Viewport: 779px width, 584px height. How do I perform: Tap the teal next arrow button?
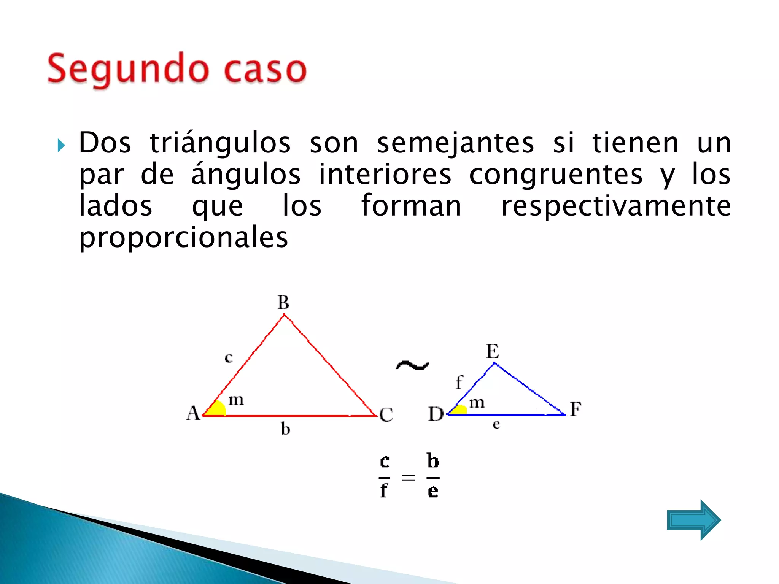[x=693, y=520]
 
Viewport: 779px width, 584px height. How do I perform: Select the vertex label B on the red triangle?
[x=283, y=303]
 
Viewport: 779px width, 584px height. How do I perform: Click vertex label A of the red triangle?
[x=193, y=413]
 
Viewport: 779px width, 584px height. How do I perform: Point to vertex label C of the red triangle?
[x=386, y=414]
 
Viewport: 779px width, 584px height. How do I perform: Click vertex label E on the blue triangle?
[x=493, y=351]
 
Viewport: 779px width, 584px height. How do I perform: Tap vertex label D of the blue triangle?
[x=436, y=414]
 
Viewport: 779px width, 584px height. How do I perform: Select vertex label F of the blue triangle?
[x=576, y=409]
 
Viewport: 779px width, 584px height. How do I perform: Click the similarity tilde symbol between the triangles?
[x=412, y=365]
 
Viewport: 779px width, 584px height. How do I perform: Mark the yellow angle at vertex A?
[x=217, y=408]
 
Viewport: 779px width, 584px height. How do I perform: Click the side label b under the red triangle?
[x=285, y=429]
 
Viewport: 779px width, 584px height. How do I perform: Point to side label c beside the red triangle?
[x=228, y=357]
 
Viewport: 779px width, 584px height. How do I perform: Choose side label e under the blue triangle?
[x=496, y=424]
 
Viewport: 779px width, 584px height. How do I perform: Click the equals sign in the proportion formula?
[x=409, y=477]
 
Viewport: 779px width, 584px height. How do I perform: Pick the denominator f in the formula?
[x=384, y=491]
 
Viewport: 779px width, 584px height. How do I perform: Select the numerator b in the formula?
[x=433, y=461]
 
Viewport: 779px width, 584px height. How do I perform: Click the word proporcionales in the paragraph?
[x=183, y=238]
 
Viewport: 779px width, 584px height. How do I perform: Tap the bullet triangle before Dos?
[x=61, y=145]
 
